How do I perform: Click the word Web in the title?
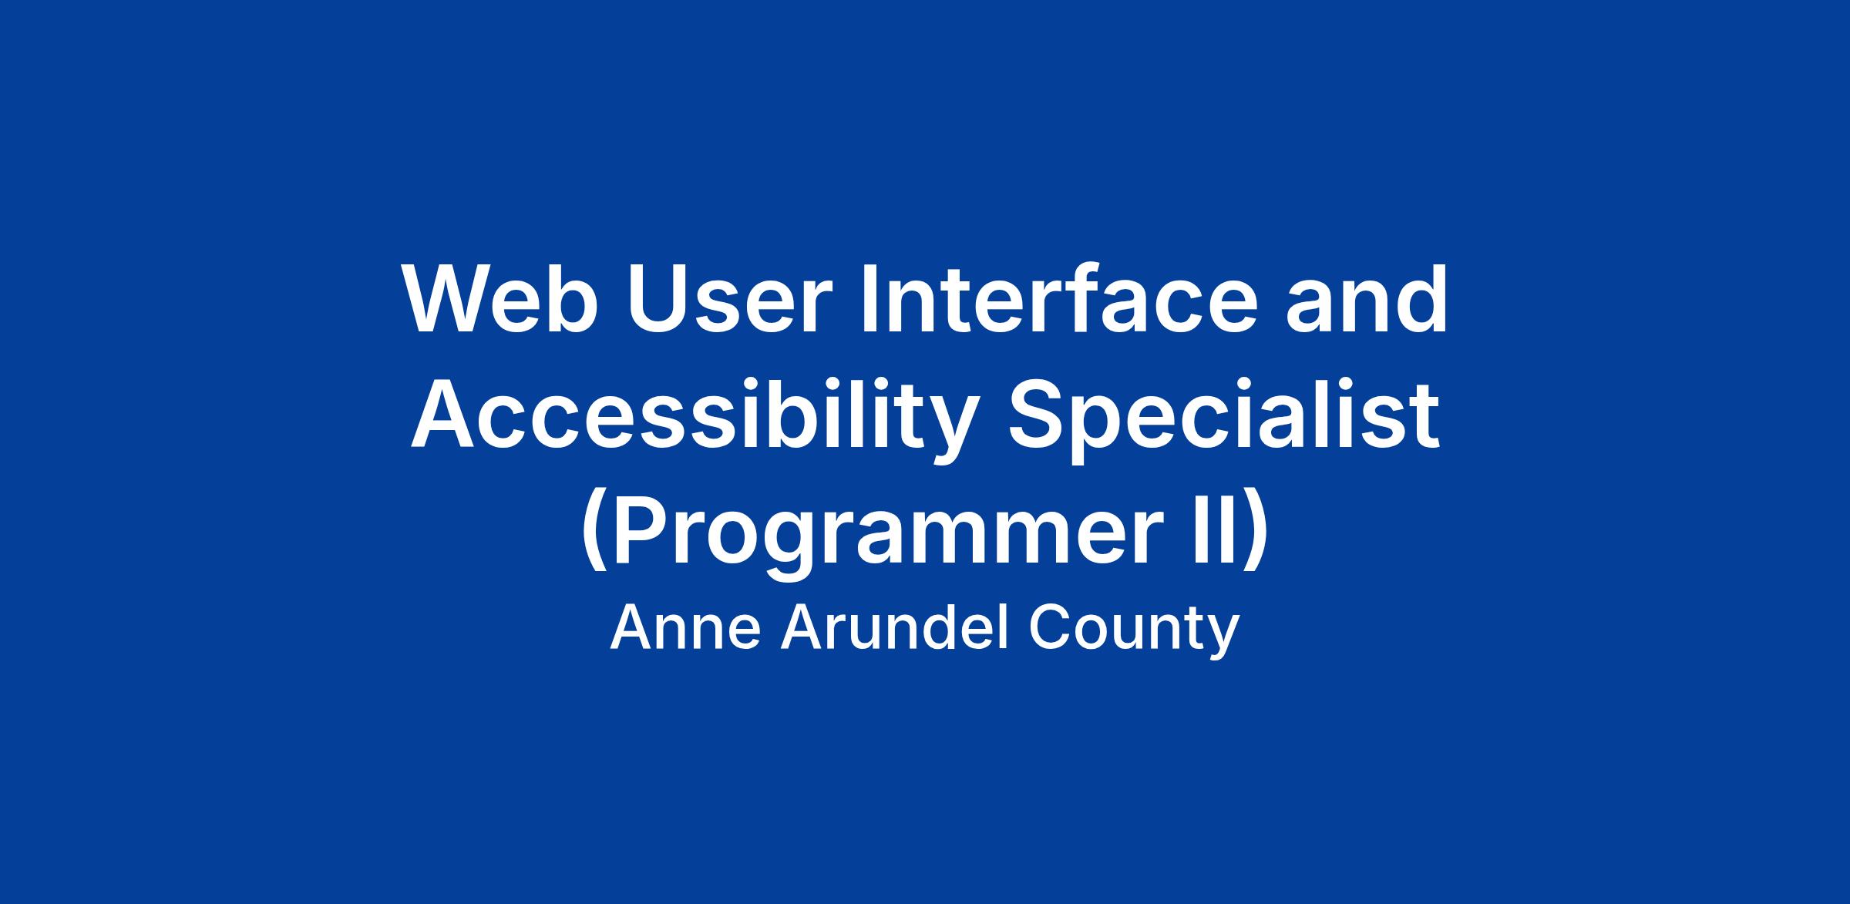499,300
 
